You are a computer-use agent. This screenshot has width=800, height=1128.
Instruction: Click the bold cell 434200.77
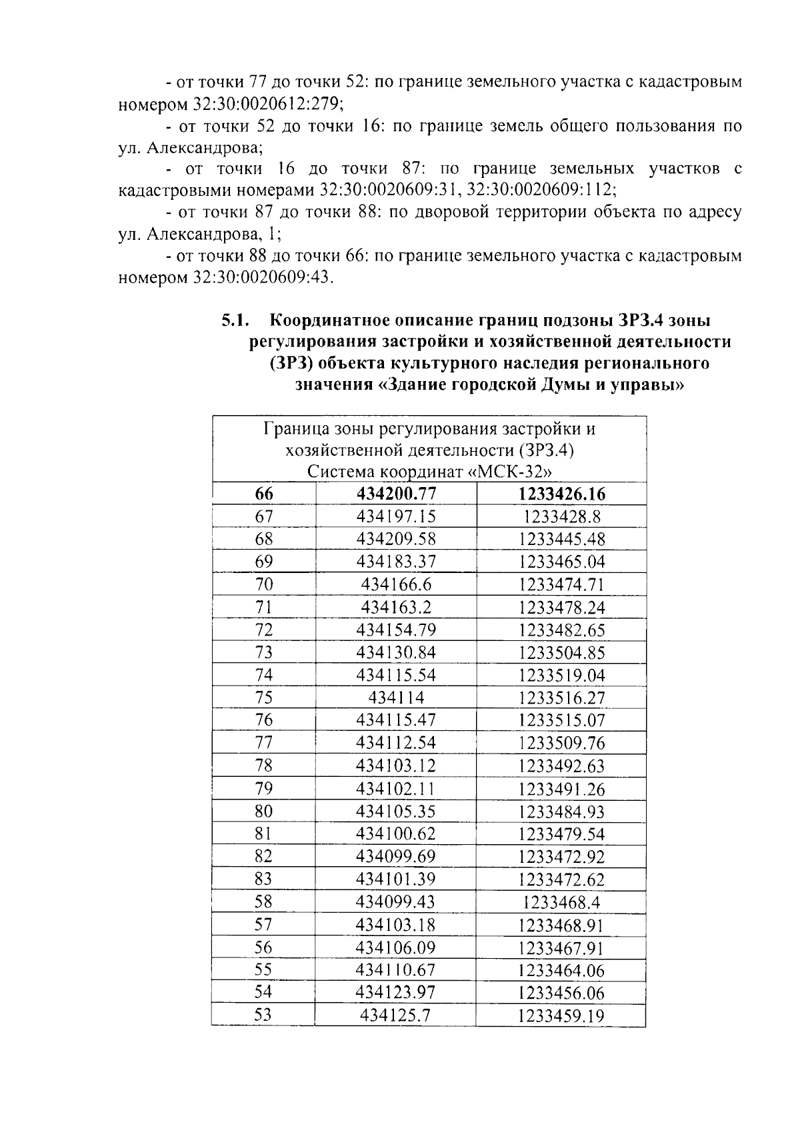396,494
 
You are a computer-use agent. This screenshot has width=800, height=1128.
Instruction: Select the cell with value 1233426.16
561,494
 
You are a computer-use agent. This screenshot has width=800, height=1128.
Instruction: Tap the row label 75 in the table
264,698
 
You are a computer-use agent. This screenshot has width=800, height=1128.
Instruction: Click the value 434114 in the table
396,698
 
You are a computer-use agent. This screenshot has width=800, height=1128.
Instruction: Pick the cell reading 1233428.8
561,516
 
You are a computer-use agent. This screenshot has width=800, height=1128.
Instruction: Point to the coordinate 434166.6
396,584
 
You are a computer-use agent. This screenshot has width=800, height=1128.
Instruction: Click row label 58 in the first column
264,902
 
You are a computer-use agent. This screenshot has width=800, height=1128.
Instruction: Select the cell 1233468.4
561,902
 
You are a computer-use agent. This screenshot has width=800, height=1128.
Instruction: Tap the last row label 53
264,1015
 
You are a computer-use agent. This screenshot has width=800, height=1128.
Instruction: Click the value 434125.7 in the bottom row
396,1015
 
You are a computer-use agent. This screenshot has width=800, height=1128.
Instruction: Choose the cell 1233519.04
561,675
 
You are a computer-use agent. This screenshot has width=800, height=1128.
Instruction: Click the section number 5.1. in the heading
235,320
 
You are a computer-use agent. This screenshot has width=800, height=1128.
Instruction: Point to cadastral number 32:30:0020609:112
540,191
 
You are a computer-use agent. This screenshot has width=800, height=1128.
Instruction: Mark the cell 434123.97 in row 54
396,993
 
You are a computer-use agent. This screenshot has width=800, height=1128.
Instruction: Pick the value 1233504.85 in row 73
561,652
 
